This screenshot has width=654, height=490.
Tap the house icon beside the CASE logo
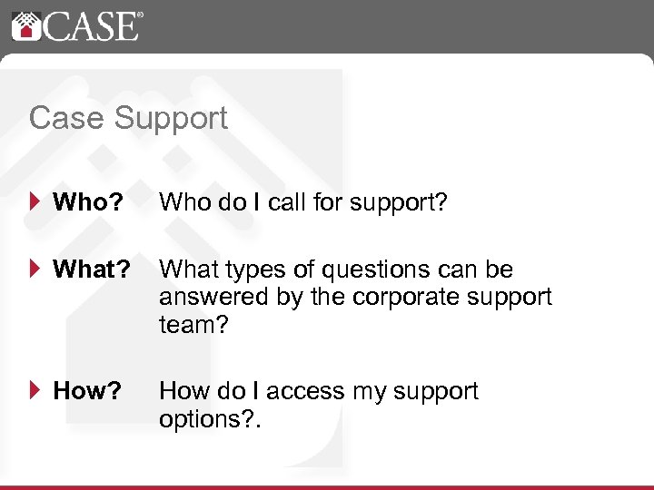26,25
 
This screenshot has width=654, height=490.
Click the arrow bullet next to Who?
35,201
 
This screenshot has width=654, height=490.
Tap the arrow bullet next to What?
35,269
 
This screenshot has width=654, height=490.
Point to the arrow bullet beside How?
35,391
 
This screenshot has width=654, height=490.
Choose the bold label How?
87,392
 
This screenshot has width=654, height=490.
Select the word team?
192,324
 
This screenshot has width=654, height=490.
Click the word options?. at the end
207,418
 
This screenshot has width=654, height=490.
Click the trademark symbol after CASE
138,15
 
